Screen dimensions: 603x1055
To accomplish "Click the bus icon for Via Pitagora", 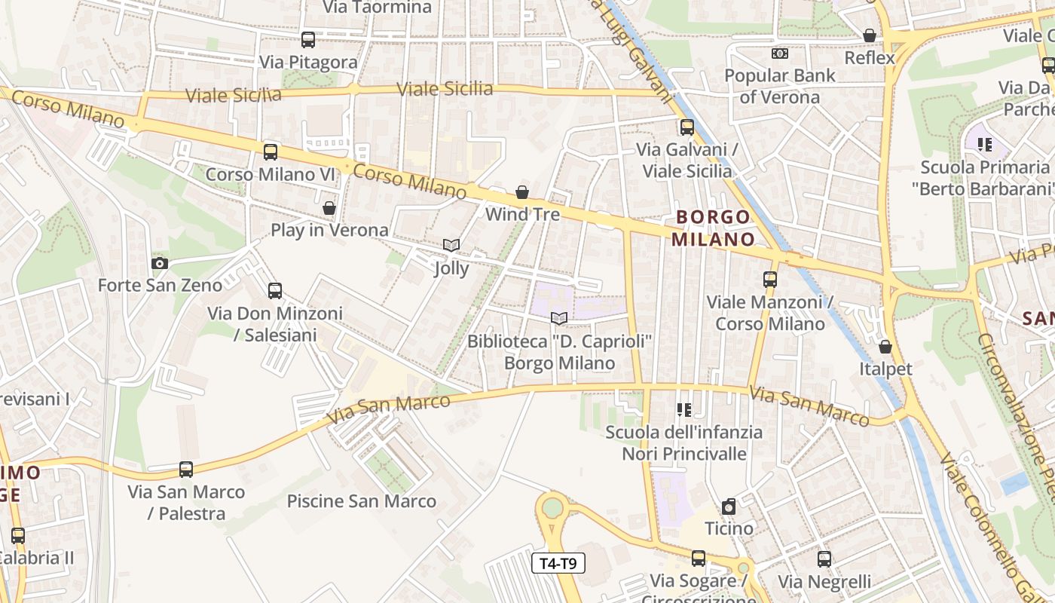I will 308,40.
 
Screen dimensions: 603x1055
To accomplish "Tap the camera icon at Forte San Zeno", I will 160,263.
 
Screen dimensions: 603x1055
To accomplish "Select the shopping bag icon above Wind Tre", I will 522,193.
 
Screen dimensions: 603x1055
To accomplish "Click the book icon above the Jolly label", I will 451,246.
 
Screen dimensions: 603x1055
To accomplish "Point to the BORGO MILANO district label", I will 713,228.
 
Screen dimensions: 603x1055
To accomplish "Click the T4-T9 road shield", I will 558,563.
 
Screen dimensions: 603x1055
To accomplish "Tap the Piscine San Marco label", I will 362,501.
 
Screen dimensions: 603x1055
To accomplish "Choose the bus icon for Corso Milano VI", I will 271,152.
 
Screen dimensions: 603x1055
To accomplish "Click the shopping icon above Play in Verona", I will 329,208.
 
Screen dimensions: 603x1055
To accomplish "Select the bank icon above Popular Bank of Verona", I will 780,54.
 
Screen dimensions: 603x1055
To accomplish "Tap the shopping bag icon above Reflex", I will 870,35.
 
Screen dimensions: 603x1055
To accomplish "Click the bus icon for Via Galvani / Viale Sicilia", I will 687,127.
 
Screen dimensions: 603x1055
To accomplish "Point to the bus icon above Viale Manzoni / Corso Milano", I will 769,280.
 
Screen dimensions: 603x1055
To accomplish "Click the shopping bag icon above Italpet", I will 885,347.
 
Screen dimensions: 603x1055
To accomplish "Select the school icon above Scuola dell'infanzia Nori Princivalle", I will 683,410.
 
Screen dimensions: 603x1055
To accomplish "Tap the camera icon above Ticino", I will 729,507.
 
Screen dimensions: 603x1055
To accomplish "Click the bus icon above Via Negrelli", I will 824,559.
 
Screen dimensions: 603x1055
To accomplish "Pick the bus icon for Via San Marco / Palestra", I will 186,470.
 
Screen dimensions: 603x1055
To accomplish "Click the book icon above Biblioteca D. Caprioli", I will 559,319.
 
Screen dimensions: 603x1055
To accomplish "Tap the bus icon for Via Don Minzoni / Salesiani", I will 275,291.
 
